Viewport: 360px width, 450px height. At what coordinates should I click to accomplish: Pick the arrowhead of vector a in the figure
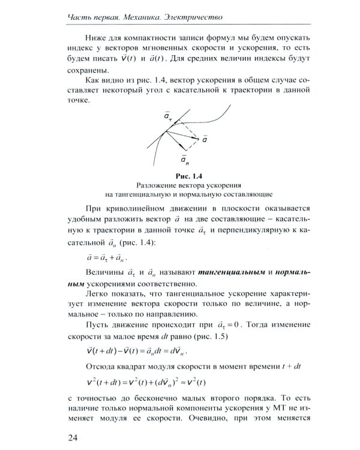[x=197, y=137]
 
